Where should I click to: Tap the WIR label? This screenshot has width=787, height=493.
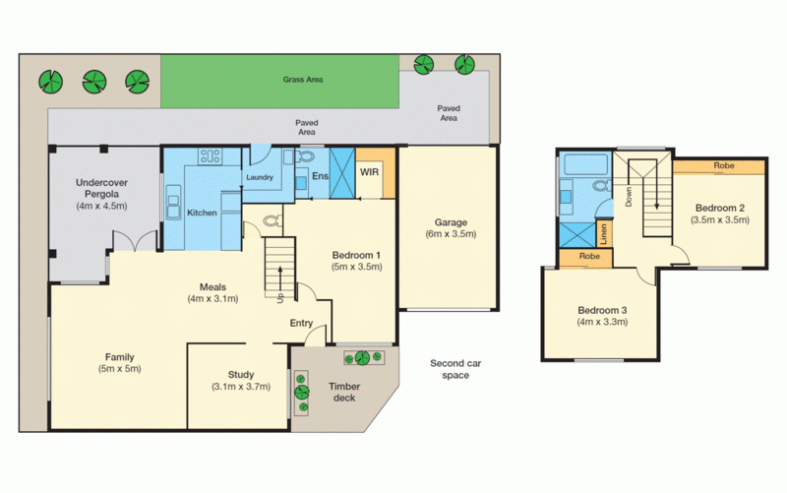[x=371, y=173]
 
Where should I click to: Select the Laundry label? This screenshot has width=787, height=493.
[x=259, y=178]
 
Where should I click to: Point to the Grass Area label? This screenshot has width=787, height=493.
[x=303, y=80]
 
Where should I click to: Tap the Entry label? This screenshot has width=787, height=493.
[x=301, y=323]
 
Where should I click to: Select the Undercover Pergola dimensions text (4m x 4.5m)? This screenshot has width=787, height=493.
[x=103, y=207]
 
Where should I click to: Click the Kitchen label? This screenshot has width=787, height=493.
[x=203, y=214]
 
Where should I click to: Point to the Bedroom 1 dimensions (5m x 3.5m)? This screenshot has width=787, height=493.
[x=356, y=267]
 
